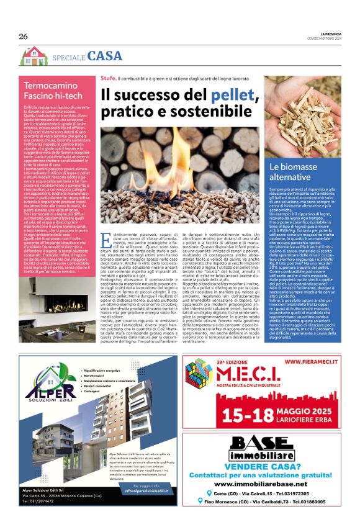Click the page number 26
pyautogui.click(x=24, y=37)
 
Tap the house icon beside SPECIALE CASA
pyautogui.click(x=33, y=56)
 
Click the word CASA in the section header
pyautogui.click(x=105, y=56)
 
